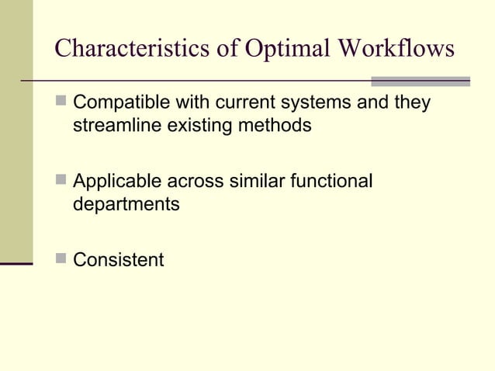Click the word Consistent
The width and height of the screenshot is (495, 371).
pos(118,259)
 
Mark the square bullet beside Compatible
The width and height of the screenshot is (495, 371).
pos(61,102)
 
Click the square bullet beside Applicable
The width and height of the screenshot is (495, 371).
pos(61,181)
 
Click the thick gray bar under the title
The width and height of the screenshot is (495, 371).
pos(421,81)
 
